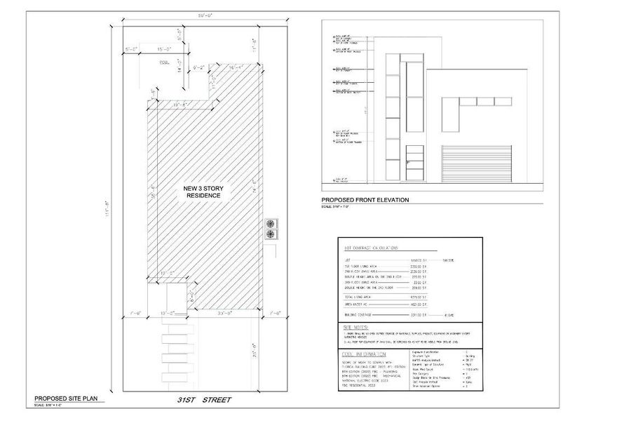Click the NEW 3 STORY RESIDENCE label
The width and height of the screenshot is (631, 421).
pyautogui.click(x=202, y=192)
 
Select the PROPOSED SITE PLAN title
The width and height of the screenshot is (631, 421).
pyautogui.click(x=69, y=399)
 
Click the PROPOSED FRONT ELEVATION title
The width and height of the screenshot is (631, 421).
pyautogui.click(x=365, y=200)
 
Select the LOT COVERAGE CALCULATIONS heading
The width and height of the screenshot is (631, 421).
pyautogui.click(x=372, y=248)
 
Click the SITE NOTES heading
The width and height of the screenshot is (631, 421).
pyautogui.click(x=356, y=327)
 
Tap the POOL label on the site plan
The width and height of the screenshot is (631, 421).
pyautogui.click(x=165, y=62)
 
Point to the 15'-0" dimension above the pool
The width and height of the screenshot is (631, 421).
pyautogui.click(x=164, y=49)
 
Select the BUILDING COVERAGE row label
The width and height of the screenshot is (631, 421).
pyautogui.click(x=364, y=316)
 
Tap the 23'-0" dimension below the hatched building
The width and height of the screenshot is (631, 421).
pyautogui.click(x=225, y=314)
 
